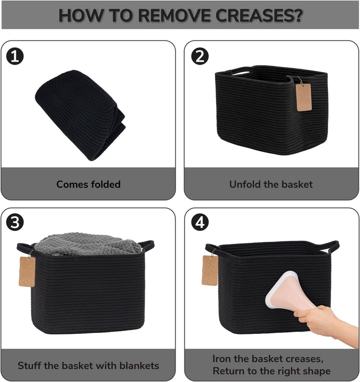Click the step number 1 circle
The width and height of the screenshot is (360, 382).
(x=15, y=56)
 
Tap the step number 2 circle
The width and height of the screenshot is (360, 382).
(x=200, y=56)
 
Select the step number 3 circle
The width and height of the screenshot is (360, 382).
(x=15, y=222)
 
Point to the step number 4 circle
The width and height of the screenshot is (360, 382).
(x=200, y=222)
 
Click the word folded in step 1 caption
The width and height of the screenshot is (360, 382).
(x=105, y=184)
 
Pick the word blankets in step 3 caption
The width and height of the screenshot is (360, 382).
(x=139, y=365)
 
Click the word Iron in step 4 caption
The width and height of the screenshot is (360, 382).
(x=221, y=358)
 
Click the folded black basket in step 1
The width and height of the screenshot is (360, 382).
(x=80, y=115)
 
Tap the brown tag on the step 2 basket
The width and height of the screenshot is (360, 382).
(x=303, y=97)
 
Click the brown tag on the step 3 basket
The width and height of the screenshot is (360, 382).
(x=27, y=271)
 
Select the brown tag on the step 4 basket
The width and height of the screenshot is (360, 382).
(x=209, y=270)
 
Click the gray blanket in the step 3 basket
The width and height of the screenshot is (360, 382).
(x=87, y=244)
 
